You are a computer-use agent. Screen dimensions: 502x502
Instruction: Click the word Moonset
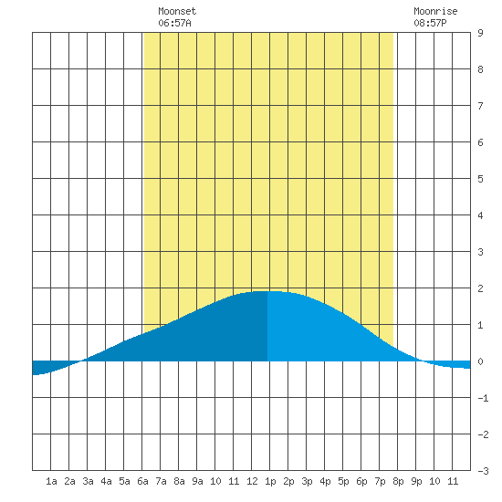pos(177,11)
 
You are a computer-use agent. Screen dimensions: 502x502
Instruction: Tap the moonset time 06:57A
pos(174,23)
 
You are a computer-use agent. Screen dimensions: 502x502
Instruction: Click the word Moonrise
pos(435,11)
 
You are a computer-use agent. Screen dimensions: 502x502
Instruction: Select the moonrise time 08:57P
pos(430,23)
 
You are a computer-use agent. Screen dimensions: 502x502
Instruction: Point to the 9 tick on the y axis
pos(480,33)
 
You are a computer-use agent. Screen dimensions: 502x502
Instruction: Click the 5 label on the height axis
pos(480,179)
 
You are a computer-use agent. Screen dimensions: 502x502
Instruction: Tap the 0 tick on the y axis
pos(480,361)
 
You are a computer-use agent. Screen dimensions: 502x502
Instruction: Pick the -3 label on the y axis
pos(483,471)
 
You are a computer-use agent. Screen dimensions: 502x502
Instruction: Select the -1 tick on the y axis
pos(483,398)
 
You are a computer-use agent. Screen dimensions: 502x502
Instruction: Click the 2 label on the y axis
pos(480,288)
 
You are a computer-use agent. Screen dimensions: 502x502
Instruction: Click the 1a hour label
pos(51,481)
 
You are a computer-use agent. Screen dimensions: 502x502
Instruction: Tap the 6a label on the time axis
pos(142,481)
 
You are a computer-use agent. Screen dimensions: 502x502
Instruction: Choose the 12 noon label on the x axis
pos(252,481)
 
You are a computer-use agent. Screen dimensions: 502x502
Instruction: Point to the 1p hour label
pos(270,481)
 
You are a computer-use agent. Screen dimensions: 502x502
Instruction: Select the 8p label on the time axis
pos(398,481)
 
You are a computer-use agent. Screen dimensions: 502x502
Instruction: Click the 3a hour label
pos(88,481)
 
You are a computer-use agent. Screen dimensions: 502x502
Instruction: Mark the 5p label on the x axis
pos(343,481)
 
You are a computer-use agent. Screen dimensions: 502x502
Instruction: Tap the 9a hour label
pos(197,481)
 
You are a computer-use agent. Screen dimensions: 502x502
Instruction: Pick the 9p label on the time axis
pos(416,481)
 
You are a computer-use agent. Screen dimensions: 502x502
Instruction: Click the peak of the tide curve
pos(268,291)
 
